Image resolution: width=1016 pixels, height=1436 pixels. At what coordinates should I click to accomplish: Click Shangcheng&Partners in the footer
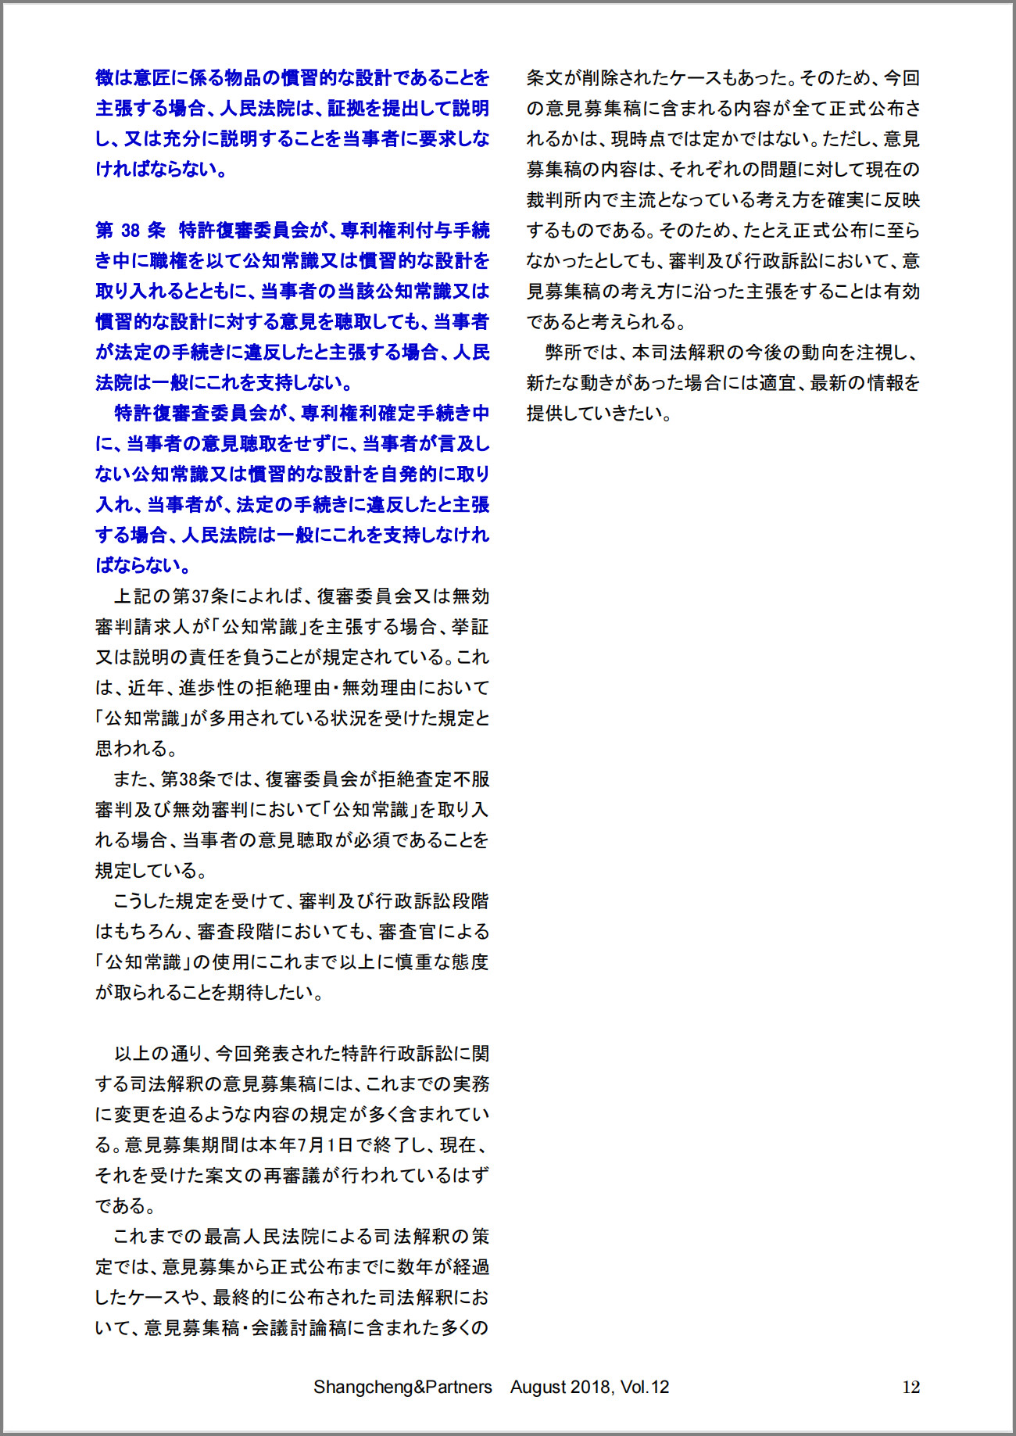(x=402, y=1387)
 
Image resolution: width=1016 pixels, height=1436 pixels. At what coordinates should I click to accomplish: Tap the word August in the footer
(x=538, y=1387)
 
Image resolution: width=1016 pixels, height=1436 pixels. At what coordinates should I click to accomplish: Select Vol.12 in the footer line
(x=645, y=1387)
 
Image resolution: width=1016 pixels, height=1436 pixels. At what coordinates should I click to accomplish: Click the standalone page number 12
(x=910, y=1388)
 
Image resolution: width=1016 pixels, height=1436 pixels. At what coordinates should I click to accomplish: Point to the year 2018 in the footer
(x=592, y=1387)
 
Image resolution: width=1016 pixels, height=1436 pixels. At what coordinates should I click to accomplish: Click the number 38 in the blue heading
(x=131, y=231)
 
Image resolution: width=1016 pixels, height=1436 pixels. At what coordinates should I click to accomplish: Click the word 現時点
(x=639, y=139)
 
